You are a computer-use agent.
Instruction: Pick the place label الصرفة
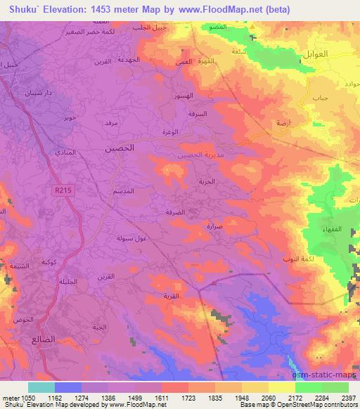point(181,208)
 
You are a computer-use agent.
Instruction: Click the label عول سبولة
point(130,238)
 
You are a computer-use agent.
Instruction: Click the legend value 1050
point(21,397)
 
